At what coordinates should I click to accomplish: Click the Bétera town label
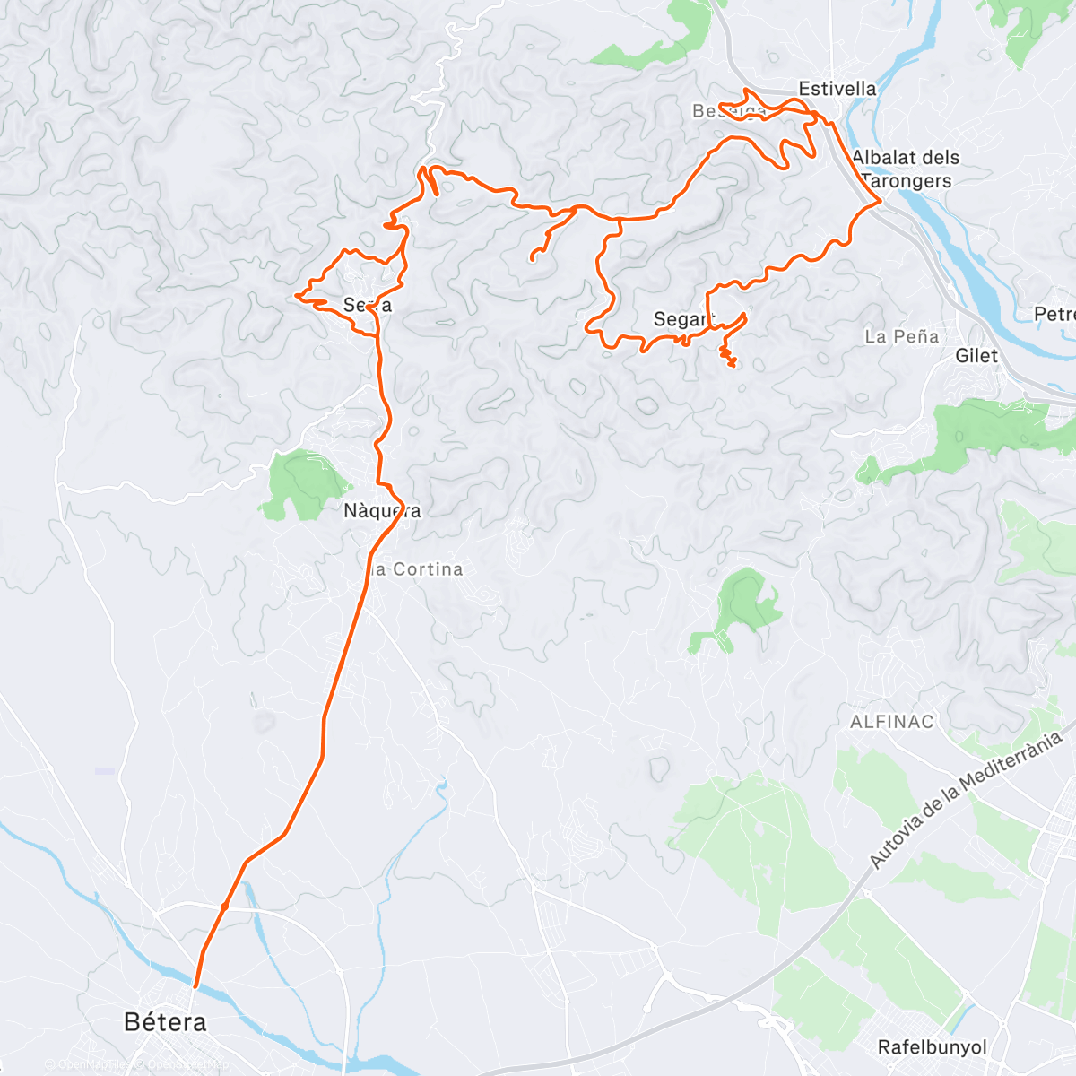(165, 1021)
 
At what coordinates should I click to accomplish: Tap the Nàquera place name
(382, 511)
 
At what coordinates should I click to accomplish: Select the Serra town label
(367, 306)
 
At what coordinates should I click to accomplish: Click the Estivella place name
(837, 89)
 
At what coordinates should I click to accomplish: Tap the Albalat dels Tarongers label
(906, 169)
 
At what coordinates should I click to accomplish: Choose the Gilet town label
(976, 356)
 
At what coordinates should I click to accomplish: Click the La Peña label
(902, 337)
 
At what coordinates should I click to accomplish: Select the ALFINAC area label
(891, 722)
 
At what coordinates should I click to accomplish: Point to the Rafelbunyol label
(932, 1047)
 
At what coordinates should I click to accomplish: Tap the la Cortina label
(415, 569)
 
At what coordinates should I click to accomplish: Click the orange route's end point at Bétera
(195, 986)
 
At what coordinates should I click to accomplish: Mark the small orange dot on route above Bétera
(224, 907)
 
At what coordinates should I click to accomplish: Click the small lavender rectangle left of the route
(105, 771)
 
